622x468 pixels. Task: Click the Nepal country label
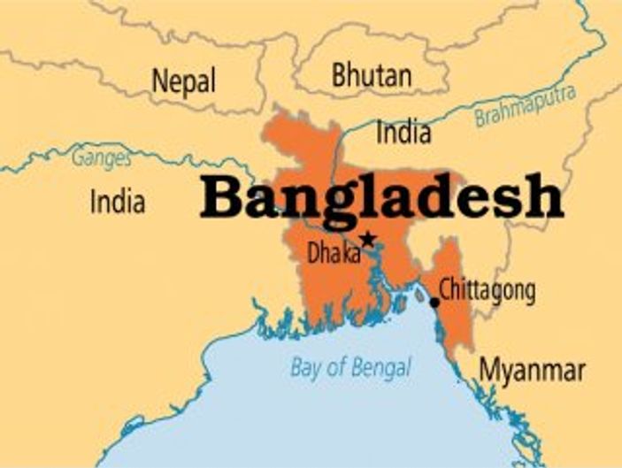pos(184,81)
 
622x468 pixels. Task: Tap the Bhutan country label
pos(372,75)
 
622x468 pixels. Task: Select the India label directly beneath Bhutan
pos(404,132)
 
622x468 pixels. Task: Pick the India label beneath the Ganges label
pos(117,202)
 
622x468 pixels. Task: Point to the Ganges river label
pos(100,159)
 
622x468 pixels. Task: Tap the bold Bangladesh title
pos(381,198)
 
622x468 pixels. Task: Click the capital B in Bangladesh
pos(221,196)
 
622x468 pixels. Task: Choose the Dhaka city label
pos(334,254)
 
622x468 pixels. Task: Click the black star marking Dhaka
pos(367,239)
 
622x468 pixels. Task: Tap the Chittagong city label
pos(487,289)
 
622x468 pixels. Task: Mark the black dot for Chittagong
pos(434,303)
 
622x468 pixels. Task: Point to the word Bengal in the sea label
pos(382,366)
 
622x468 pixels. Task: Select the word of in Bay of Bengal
pos(336,365)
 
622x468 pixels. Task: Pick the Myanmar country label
pos(532,371)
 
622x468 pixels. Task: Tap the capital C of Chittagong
pos(445,289)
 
